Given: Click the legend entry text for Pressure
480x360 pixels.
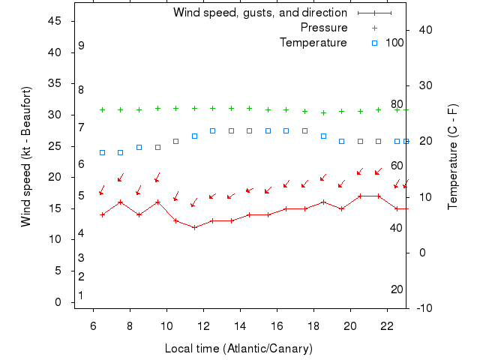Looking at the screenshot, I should pyautogui.click(x=324, y=28).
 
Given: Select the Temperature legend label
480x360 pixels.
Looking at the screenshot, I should pyautogui.click(x=313, y=43).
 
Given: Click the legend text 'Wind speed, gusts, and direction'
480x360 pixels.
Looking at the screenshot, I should pyautogui.click(x=260, y=13).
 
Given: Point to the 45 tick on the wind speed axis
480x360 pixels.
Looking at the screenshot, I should pyautogui.click(x=54, y=21).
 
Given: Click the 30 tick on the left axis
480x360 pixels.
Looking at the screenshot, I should pyautogui.click(x=54, y=115).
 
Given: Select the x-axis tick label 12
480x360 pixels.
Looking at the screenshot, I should pyautogui.click(x=203, y=326).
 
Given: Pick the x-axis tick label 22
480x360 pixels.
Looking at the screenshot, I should pyautogui.click(x=387, y=326).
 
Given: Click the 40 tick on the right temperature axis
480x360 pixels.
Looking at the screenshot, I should pyautogui.click(x=424, y=30).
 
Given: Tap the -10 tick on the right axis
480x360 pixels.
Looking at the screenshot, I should pyautogui.click(x=424, y=308).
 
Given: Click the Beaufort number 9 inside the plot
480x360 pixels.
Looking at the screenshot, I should pyautogui.click(x=81, y=46).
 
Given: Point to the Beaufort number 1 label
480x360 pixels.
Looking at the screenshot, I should pyautogui.click(x=81, y=295).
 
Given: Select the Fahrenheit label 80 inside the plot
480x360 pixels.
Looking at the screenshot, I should pyautogui.click(x=397, y=104).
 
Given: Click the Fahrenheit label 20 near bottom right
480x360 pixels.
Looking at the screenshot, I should pyautogui.click(x=397, y=289).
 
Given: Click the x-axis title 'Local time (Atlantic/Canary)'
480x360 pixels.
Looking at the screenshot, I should pyautogui.click(x=238, y=349).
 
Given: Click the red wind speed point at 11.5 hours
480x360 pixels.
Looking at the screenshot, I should pyautogui.click(x=194, y=227).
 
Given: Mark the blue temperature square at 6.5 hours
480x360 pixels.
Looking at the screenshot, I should pyautogui.click(x=103, y=152).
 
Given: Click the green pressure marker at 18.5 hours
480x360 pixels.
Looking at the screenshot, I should pyautogui.click(x=323, y=112).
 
